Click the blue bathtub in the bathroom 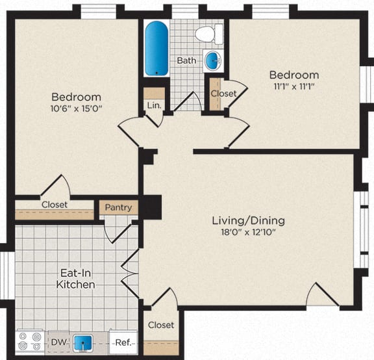click(x=156, y=48)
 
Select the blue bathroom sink click(x=212, y=61)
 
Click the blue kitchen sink click(x=81, y=342)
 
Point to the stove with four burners click(x=29, y=342)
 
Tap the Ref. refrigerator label click(x=123, y=342)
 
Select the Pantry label click(x=118, y=208)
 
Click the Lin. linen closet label click(x=154, y=104)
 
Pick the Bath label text click(x=186, y=60)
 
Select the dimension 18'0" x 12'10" click(x=248, y=233)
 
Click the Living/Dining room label click(x=248, y=220)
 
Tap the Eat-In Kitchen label click(x=75, y=278)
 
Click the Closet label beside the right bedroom click(x=223, y=93)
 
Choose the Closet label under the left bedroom click(x=55, y=204)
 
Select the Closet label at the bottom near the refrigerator click(x=160, y=324)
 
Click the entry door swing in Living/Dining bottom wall click(x=323, y=295)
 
